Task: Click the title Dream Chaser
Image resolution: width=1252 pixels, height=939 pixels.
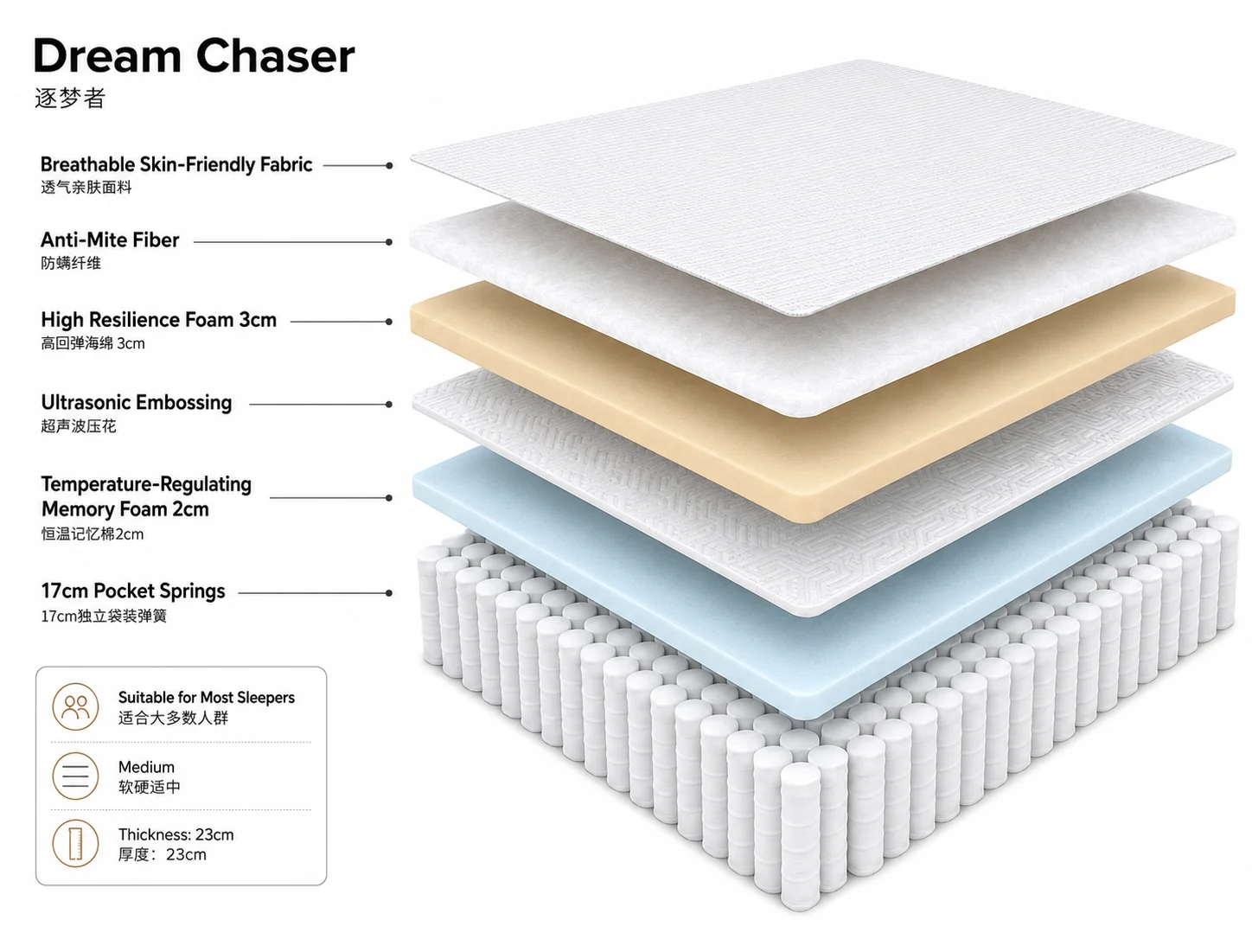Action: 194,55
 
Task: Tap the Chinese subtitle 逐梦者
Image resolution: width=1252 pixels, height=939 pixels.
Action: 70,98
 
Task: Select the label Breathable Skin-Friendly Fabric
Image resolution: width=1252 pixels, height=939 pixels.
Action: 176,165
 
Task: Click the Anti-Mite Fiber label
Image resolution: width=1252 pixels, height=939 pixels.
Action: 110,240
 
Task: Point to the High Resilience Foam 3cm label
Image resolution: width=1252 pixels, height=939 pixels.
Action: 158,320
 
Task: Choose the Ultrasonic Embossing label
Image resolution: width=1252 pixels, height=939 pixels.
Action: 137,403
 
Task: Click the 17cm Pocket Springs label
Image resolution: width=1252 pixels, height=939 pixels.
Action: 133,591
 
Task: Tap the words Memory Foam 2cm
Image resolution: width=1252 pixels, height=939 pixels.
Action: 125,508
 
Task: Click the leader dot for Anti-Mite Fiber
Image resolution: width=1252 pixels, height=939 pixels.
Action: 389,242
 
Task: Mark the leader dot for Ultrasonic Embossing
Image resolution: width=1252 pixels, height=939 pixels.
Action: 389,405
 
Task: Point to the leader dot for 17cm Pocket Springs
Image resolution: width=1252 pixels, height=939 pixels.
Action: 389,593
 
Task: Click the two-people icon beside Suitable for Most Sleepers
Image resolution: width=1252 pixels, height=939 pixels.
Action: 75,707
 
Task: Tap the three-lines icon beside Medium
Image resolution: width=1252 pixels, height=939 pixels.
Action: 75,776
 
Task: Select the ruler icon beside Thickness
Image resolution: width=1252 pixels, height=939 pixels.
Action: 75,843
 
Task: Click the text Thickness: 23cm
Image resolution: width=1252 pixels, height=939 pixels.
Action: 176,834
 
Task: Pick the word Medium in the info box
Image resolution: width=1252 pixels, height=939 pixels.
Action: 147,767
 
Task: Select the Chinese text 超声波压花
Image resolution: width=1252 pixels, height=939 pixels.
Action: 79,426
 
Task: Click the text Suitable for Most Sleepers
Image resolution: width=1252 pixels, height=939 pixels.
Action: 207,697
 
